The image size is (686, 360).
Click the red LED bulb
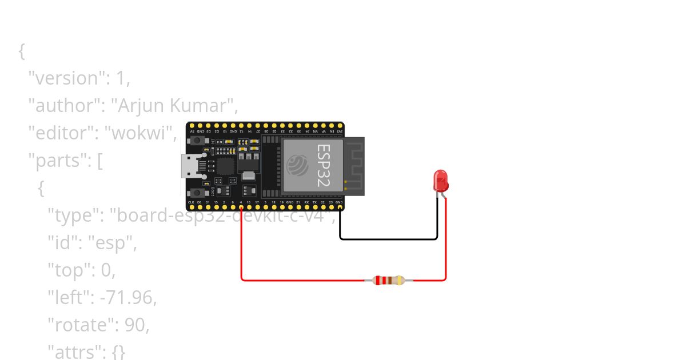(441, 180)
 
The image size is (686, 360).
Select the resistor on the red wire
(389, 280)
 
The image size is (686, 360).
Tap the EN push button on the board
(199, 140)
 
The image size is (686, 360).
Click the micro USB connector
(188, 166)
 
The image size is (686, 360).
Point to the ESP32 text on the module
(324, 165)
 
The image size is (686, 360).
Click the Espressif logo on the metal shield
(298, 166)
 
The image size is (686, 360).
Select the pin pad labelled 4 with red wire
(241, 208)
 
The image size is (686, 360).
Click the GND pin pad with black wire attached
(340, 208)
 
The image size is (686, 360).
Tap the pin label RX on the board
(306, 202)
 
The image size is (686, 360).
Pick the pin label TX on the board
(314, 202)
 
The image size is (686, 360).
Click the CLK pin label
(191, 202)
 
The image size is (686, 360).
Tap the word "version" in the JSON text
(67, 78)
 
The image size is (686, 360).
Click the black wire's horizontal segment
(389, 239)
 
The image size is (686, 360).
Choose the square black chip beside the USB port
(225, 166)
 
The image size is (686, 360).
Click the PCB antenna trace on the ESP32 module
(354, 166)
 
